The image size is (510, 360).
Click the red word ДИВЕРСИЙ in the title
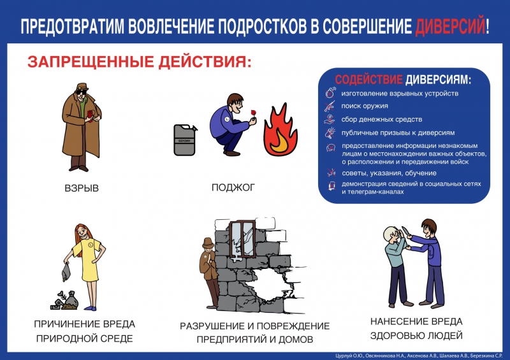pos(450,25)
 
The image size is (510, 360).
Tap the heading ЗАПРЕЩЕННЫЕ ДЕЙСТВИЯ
pos(140,62)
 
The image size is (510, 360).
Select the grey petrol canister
pos(186,140)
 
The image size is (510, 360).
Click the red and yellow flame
pos(280,130)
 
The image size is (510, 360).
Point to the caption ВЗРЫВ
pos(82,189)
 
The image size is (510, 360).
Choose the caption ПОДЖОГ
pos(233,187)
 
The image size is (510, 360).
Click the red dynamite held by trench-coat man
pos(90,115)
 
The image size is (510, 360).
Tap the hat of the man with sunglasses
pos(82,87)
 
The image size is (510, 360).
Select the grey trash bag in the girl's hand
pos(66,272)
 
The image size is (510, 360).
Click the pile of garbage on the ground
pos(64,300)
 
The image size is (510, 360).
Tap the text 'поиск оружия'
pos(365,106)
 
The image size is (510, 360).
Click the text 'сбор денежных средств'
pos(382,119)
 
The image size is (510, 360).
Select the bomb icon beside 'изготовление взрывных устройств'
pos(330,92)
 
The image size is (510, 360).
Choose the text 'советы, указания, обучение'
pos(389,173)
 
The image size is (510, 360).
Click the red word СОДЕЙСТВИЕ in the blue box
pos(369,80)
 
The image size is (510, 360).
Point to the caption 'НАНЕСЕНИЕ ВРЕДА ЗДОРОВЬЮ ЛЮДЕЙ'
pos(417,328)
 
